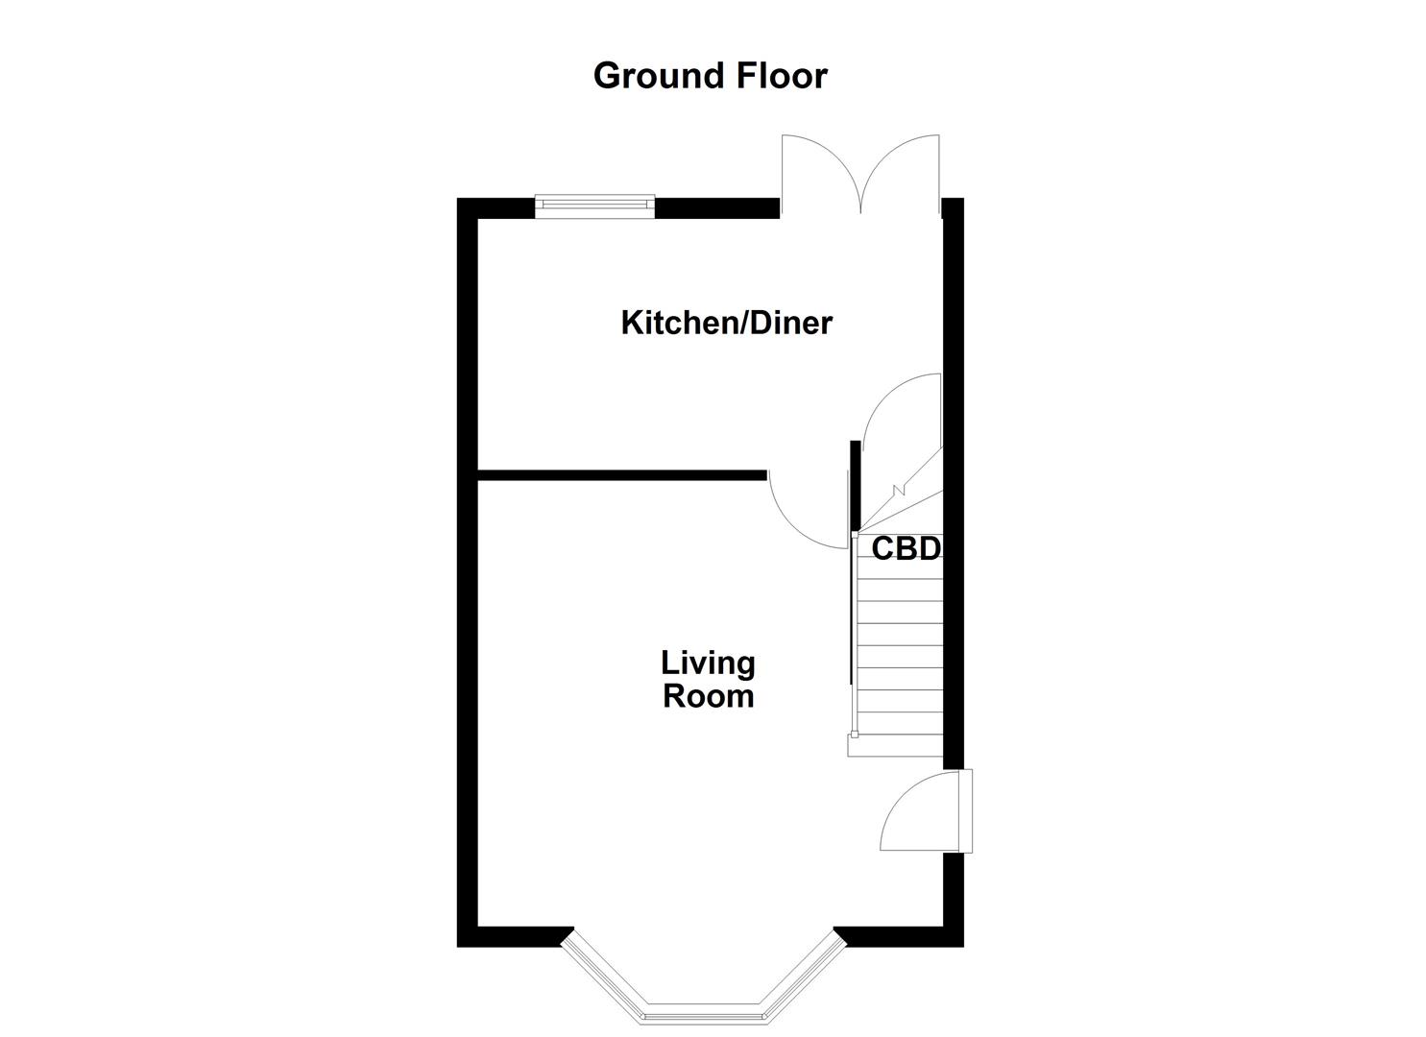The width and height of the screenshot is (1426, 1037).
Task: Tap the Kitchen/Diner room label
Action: (x=726, y=323)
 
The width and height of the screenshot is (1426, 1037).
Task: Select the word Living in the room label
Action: (x=708, y=663)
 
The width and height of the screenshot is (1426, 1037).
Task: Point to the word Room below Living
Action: (x=708, y=696)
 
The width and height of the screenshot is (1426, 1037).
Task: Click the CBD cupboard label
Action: (x=906, y=548)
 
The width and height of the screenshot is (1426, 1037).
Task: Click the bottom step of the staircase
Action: (x=895, y=746)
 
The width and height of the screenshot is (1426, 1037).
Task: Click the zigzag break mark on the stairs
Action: (x=898, y=491)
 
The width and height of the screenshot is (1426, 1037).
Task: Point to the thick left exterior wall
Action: (x=467, y=576)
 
